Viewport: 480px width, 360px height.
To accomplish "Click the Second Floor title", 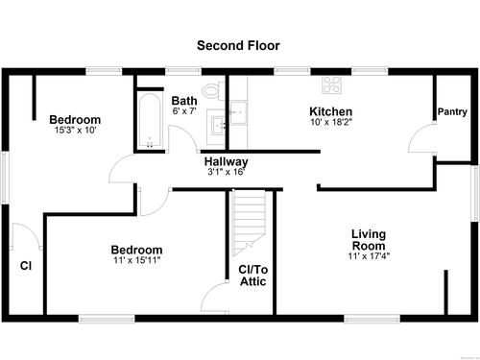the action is pyautogui.click(x=238, y=45).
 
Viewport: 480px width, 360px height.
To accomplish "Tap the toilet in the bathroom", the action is pyautogui.click(x=213, y=91).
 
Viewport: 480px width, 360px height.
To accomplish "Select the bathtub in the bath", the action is pyautogui.click(x=150, y=121).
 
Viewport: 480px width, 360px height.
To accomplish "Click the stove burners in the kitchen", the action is pyautogui.click(x=332, y=84).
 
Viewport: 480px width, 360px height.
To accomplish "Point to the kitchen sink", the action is pyautogui.click(x=238, y=112).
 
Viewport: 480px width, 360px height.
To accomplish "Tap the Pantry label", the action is pyautogui.click(x=452, y=111).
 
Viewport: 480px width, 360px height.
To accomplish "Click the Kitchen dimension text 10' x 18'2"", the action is pyautogui.click(x=331, y=122).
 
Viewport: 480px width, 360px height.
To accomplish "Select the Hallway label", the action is pyautogui.click(x=227, y=161).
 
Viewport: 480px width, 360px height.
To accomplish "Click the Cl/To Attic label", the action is pyautogui.click(x=253, y=276).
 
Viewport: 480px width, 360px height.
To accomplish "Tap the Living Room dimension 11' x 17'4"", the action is pyautogui.click(x=369, y=256).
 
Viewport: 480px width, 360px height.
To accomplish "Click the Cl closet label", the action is pyautogui.click(x=26, y=266).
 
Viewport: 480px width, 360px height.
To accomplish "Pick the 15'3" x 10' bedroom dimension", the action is pyautogui.click(x=76, y=131).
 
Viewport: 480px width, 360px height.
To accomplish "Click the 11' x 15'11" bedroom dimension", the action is pyautogui.click(x=137, y=260).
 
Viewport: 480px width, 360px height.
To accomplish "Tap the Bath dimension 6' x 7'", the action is pyautogui.click(x=184, y=111).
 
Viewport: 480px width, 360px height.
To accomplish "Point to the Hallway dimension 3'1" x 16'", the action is pyautogui.click(x=227, y=172).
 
